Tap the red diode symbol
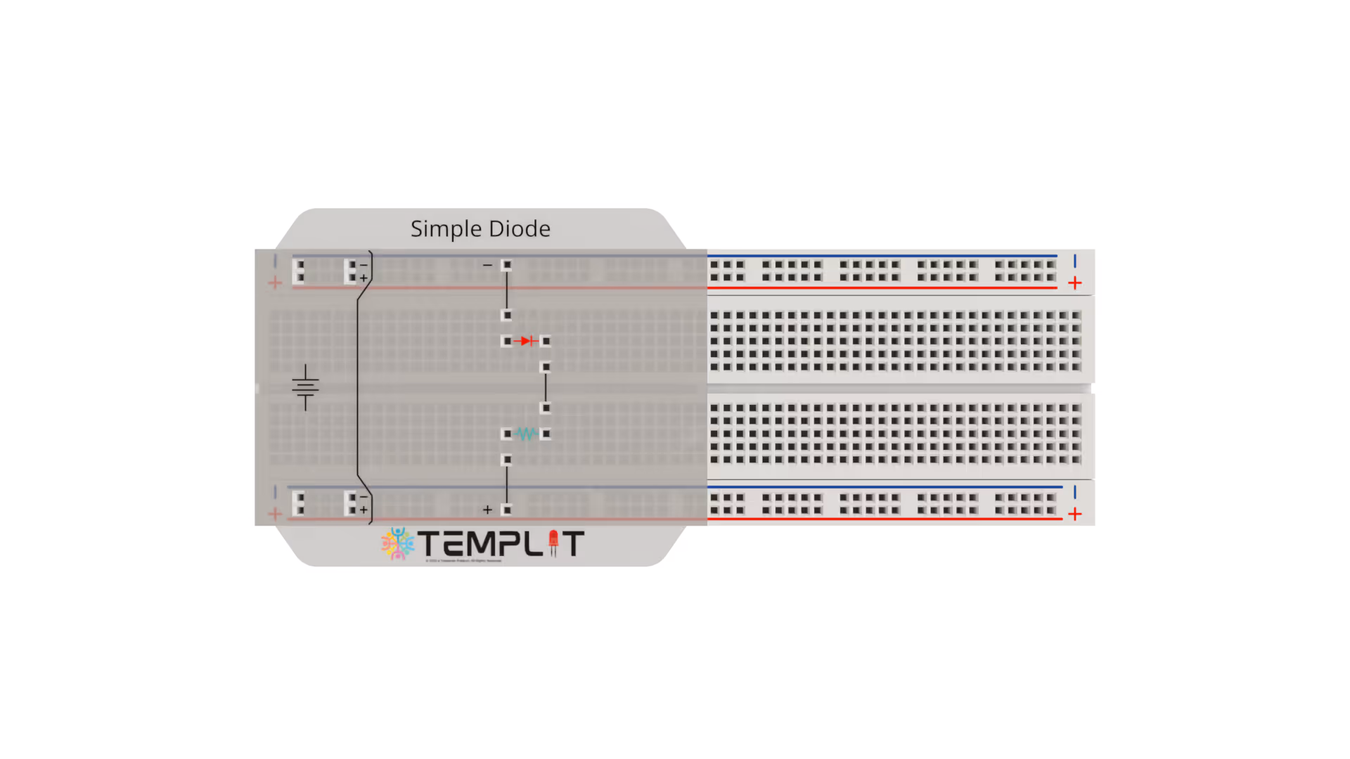pos(526,342)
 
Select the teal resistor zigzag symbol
pos(526,434)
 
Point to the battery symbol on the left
pos(305,387)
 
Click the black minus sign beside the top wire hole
pos(487,265)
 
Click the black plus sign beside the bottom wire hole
pos(487,510)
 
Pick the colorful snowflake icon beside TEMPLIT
pos(398,543)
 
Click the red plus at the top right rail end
pos(1074,283)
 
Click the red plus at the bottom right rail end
pos(1074,514)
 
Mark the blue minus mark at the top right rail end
pos(1074,261)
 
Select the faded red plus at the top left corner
pos(275,283)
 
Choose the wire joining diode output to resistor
pos(546,387)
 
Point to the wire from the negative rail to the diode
pos(506,290)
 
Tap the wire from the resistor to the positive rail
pos(506,485)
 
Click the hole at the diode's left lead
pos(507,342)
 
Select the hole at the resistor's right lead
pos(546,434)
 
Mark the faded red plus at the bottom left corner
pos(275,514)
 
